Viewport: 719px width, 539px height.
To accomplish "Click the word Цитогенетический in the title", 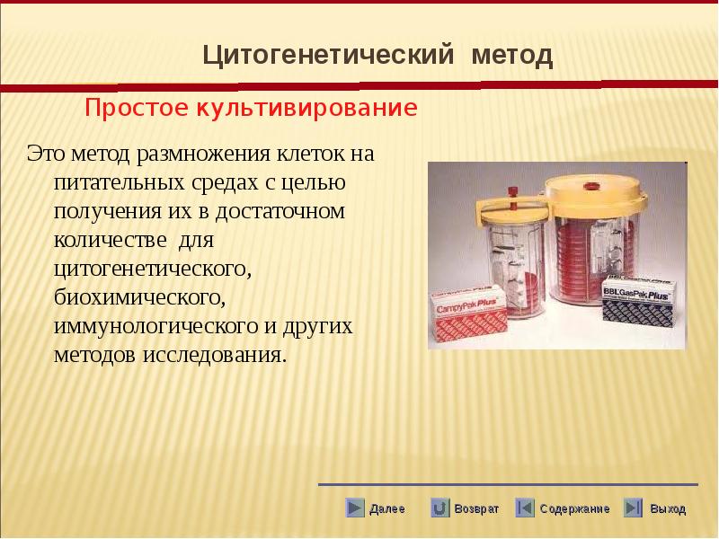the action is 328,56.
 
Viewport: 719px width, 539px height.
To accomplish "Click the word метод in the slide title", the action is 512,56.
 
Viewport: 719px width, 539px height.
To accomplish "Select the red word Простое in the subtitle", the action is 137,108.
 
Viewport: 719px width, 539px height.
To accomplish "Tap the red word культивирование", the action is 306,109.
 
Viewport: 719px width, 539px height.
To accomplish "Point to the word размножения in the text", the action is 204,154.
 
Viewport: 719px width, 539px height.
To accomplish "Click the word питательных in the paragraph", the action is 120,183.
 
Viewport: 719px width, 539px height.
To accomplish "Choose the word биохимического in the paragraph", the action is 139,297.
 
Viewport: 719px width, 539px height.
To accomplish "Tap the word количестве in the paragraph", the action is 110,240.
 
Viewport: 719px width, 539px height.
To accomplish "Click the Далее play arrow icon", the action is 354,508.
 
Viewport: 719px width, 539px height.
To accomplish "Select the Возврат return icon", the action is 439,508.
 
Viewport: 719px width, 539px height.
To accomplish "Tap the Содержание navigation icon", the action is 525,508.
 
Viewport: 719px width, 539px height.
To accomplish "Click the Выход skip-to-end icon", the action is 633,508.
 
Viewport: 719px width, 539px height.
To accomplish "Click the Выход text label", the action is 668,508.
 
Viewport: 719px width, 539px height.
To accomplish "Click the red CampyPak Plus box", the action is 468,314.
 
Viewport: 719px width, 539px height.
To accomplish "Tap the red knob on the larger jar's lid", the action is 590,186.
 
